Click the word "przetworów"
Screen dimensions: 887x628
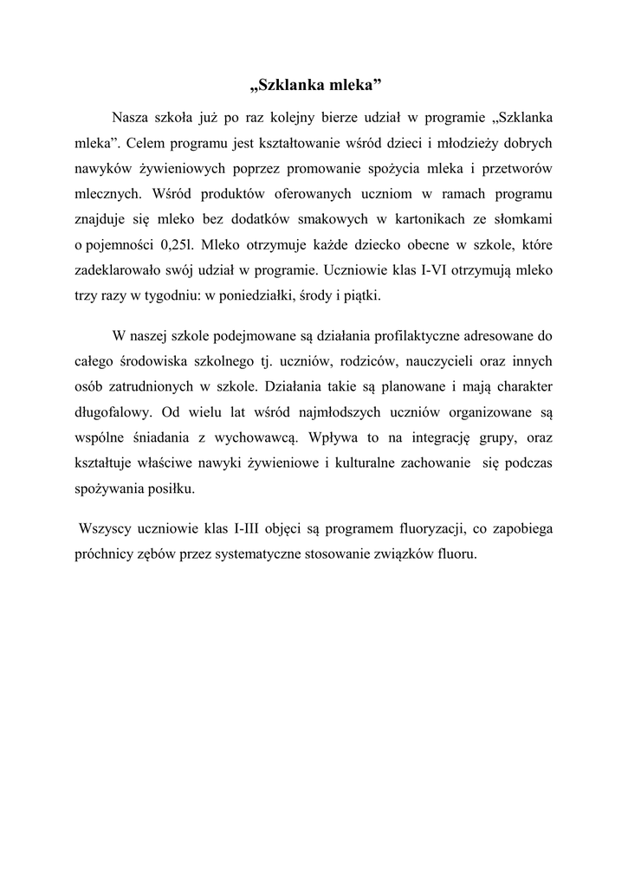pos(517,165)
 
